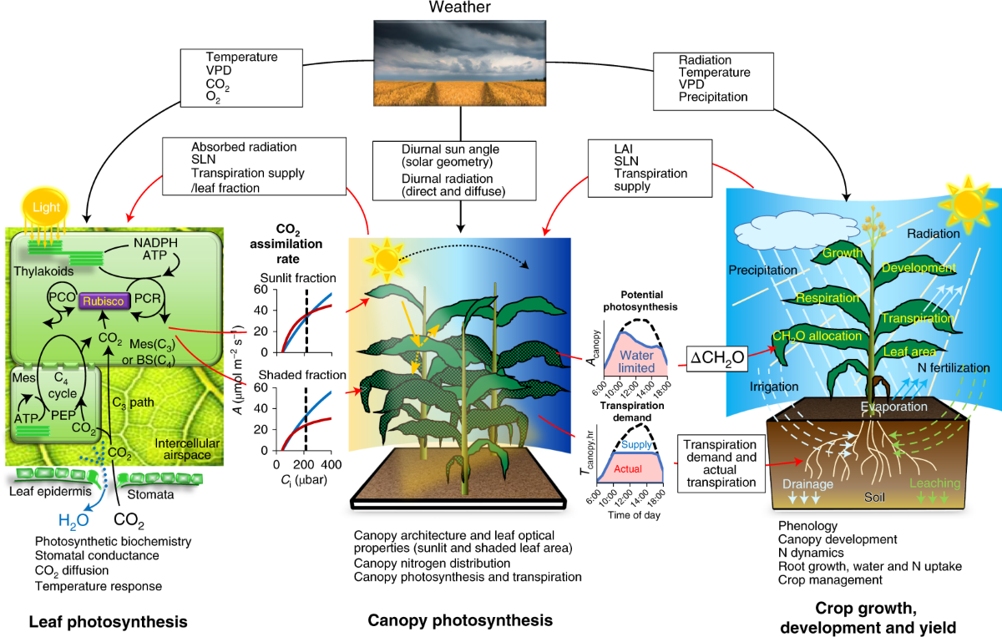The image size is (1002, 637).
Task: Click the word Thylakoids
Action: tap(43, 270)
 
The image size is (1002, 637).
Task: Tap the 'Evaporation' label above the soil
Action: tap(894, 407)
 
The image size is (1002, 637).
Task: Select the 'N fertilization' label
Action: tap(952, 367)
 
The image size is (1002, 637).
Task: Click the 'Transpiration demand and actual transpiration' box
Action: tap(718, 463)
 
